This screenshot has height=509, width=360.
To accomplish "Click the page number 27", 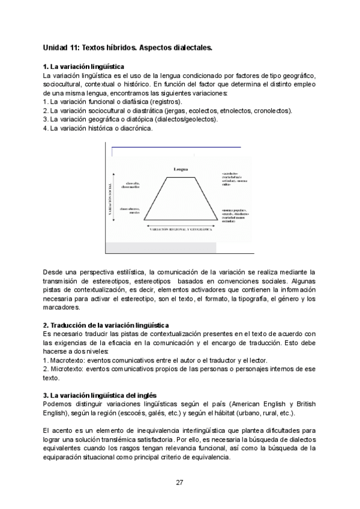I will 179,483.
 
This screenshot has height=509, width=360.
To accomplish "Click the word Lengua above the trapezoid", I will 183,170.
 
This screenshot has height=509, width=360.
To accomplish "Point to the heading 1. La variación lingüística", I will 83,66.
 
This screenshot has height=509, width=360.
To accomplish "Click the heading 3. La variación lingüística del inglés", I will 100,395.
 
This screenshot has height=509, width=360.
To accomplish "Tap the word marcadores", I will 61,307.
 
